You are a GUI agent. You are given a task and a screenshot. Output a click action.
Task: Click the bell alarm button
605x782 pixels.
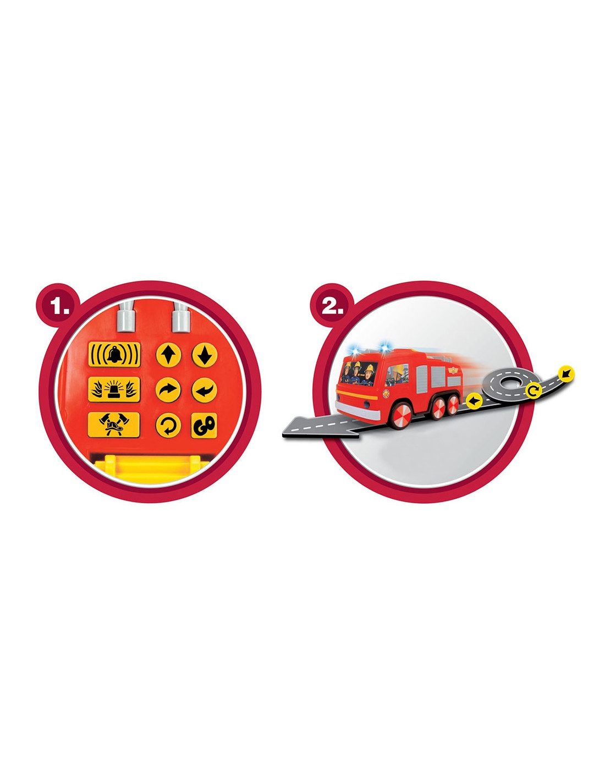click(x=114, y=354)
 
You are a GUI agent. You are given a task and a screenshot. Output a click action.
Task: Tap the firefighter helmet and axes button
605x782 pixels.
click(x=114, y=425)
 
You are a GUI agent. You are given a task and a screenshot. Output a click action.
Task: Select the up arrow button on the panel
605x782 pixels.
click(x=168, y=355)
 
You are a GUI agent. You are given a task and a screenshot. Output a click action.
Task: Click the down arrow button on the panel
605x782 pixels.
click(x=204, y=355)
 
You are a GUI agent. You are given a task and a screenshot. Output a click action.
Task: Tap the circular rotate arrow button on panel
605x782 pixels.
click(x=168, y=425)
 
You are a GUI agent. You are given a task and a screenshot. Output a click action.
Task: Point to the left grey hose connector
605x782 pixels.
click(x=126, y=317)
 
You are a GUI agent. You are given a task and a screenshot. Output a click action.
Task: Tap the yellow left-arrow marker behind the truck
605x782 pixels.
click(x=474, y=400)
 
